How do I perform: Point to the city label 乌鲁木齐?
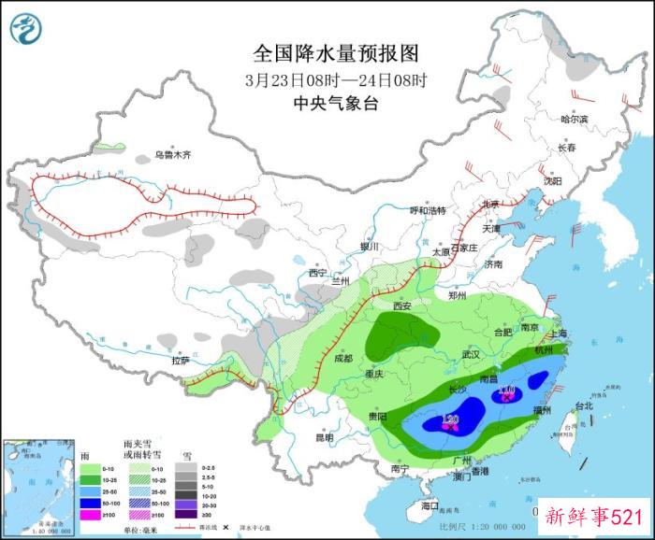[x=172, y=155]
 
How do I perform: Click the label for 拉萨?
[x=180, y=360]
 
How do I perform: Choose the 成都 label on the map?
[x=342, y=358]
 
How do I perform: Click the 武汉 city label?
[x=470, y=354]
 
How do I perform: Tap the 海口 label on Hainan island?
[x=429, y=505]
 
